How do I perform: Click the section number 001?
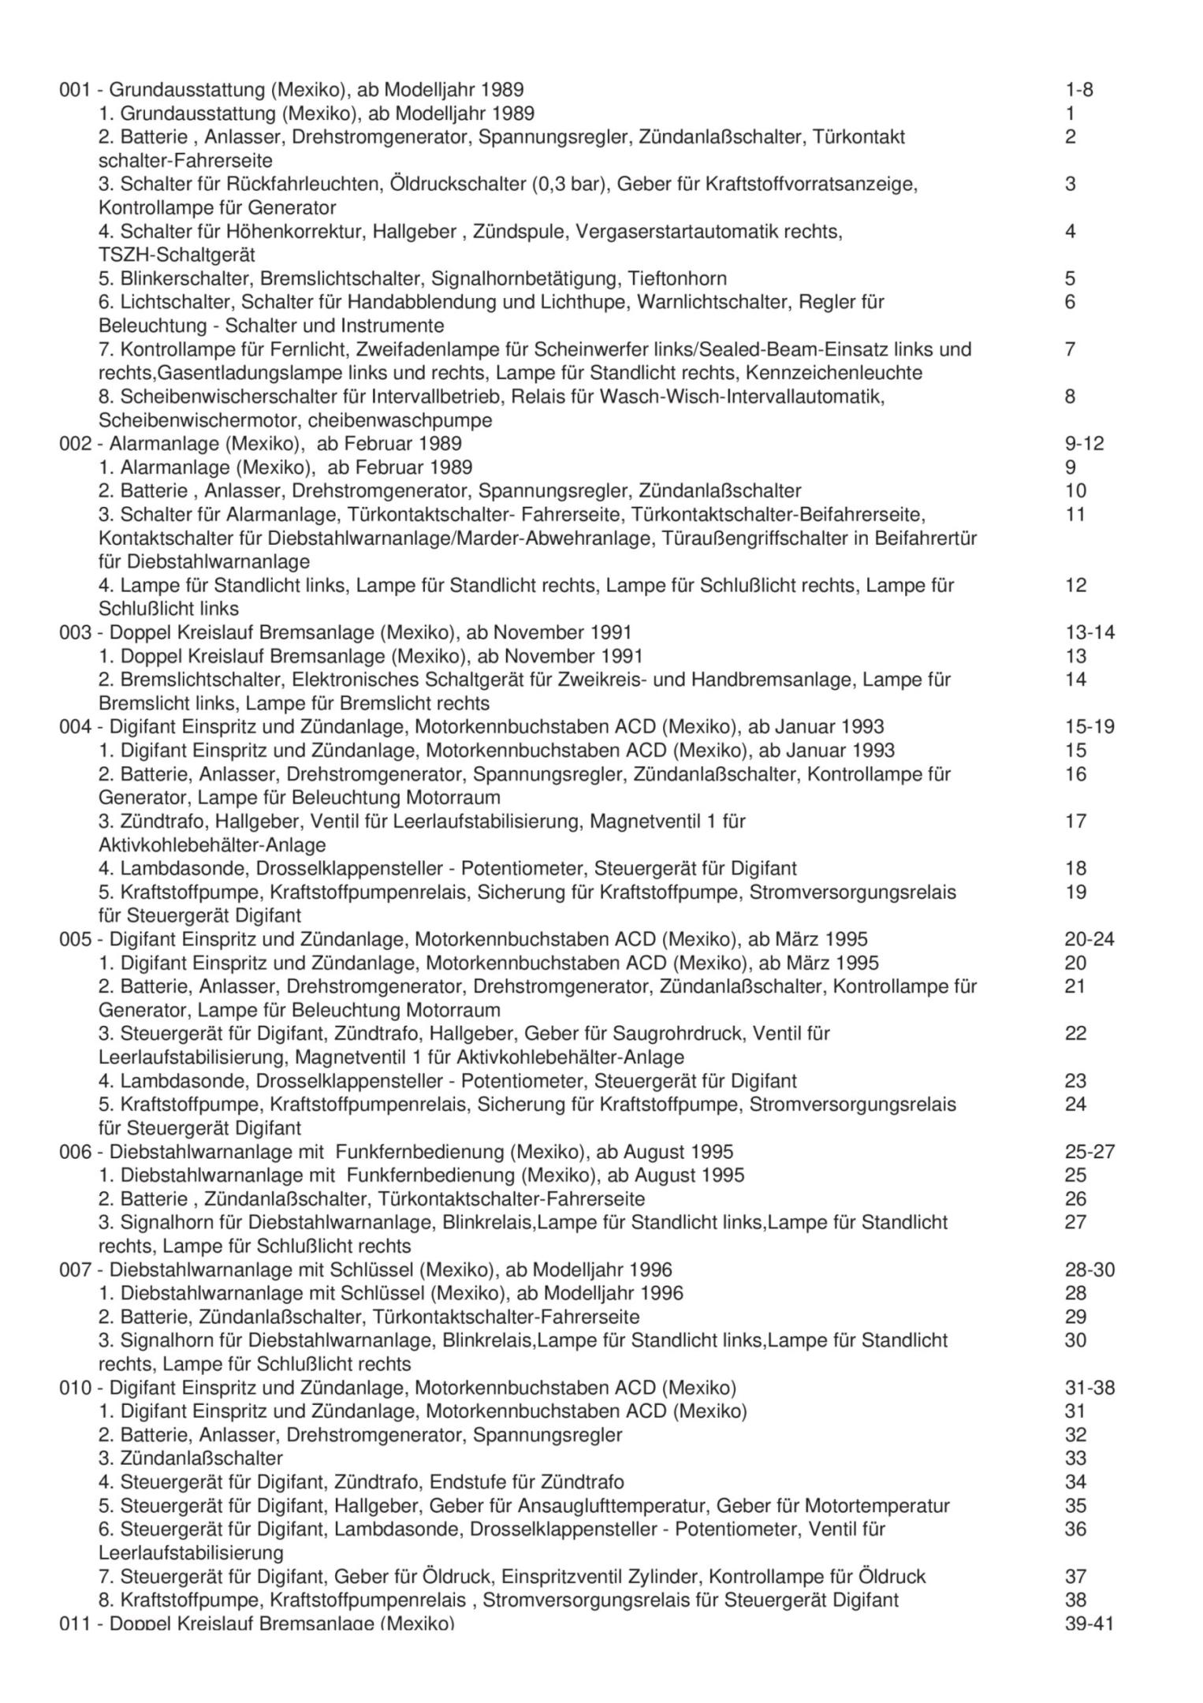click(x=76, y=90)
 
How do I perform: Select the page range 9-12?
click(x=1084, y=444)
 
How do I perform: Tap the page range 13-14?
click(x=1089, y=632)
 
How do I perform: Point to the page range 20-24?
click(x=1089, y=939)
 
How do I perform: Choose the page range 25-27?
click(x=1089, y=1152)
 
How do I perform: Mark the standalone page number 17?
click(x=1075, y=822)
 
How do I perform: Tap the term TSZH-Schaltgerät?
click(x=177, y=255)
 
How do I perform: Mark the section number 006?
click(x=76, y=1152)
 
